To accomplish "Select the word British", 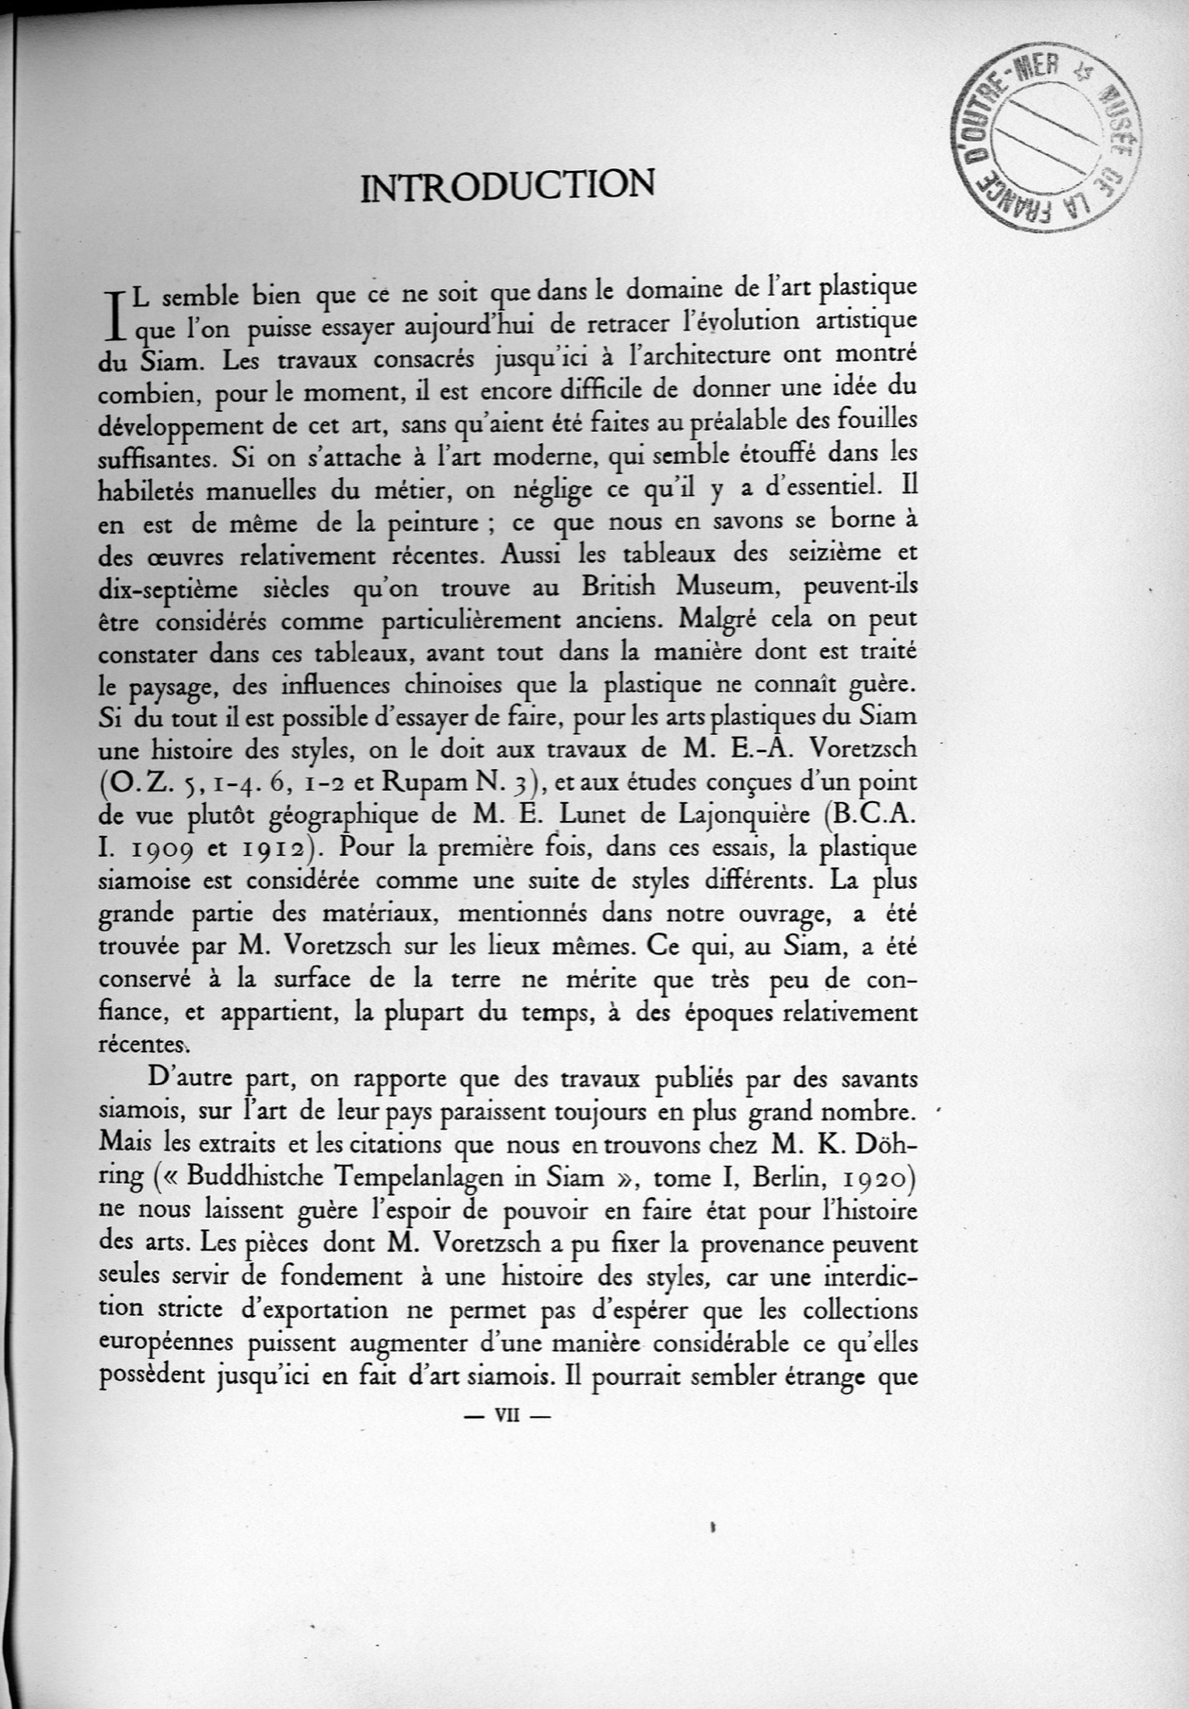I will point(622,589).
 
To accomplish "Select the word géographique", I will point(347,818).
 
